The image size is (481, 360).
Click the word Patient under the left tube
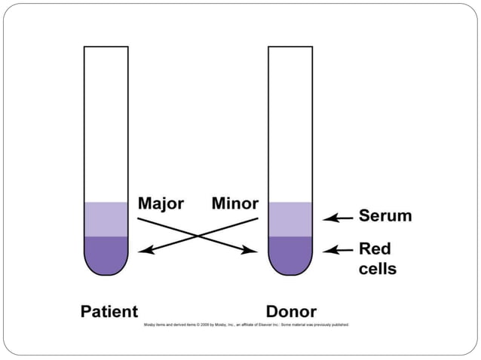pyautogui.click(x=109, y=311)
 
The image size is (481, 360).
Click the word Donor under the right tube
pyautogui.click(x=291, y=311)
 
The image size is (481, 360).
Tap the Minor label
pyautogui.click(x=234, y=204)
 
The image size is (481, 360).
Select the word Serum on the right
pyautogui.click(x=384, y=216)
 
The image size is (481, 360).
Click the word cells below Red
pyautogui.click(x=377, y=267)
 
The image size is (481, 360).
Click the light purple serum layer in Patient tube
pyautogui.click(x=106, y=219)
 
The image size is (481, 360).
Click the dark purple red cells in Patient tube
pyautogui.click(x=106, y=253)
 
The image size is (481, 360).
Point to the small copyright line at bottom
pyautogui.click(x=246, y=325)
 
